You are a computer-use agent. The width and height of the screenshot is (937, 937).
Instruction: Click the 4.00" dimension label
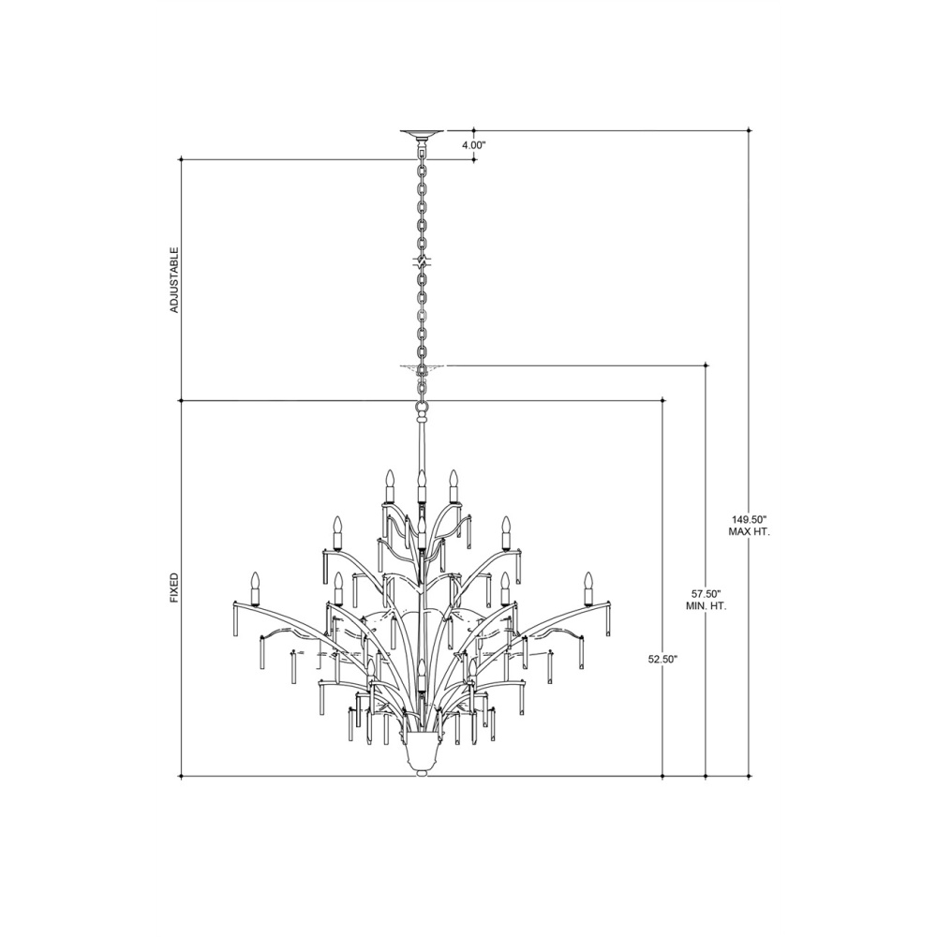tap(475, 144)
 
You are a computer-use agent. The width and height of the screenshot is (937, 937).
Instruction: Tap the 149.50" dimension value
tap(749, 519)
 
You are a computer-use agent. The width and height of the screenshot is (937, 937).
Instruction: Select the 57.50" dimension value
tap(706, 595)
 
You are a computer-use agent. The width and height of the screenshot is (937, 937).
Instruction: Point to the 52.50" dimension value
tap(662, 659)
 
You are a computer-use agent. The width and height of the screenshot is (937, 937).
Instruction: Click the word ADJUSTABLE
tap(174, 279)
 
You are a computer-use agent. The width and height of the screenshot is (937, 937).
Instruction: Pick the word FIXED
tap(174, 588)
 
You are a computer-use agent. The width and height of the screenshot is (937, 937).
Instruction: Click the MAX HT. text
tap(749, 531)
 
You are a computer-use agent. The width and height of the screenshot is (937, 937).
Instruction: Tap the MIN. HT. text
tap(706, 606)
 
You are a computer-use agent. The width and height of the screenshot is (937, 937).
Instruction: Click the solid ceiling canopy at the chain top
tap(423, 133)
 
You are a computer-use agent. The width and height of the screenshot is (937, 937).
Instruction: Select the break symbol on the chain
tap(423, 261)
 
